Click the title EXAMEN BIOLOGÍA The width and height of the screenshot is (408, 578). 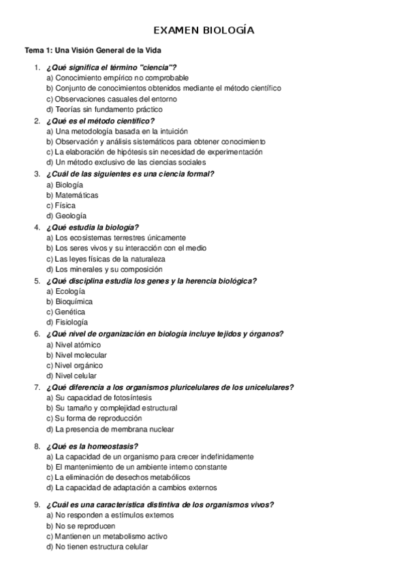[x=204, y=31]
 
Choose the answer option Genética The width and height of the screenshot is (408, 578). [x=70, y=311]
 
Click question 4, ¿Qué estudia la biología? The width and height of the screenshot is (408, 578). [x=93, y=227]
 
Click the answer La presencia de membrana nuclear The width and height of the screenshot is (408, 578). [x=110, y=429]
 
